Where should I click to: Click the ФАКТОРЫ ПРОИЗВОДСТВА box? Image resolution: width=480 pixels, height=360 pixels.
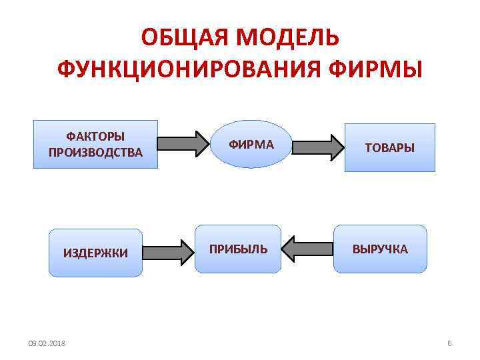click(x=95, y=144)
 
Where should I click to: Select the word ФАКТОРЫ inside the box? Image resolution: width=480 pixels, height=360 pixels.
click(x=95, y=137)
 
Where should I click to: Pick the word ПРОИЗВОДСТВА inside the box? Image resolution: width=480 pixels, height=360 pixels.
click(x=95, y=152)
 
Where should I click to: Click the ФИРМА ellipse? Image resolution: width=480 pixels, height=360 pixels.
click(x=251, y=143)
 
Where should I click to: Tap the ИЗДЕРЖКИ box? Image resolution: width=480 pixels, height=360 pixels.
click(x=95, y=253)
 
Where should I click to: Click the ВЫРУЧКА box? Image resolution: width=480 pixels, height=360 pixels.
click(x=380, y=249)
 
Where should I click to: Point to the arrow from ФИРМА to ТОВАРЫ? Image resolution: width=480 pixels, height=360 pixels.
click(x=318, y=145)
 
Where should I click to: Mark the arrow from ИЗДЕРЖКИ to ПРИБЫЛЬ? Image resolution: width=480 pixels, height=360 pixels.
click(x=169, y=252)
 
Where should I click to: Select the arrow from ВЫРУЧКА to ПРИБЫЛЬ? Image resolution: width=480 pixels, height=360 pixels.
click(x=307, y=249)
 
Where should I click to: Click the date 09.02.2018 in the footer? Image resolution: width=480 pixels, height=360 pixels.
click(x=47, y=343)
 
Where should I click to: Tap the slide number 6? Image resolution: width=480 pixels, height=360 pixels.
click(x=449, y=343)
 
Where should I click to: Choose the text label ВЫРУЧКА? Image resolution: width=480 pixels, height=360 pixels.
click(x=380, y=249)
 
